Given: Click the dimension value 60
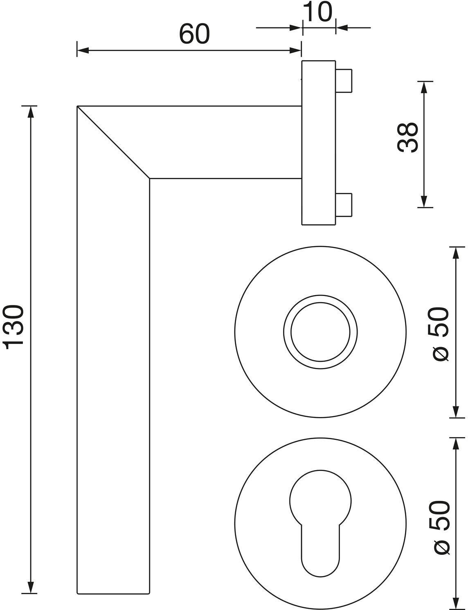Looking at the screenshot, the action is click(x=194, y=34).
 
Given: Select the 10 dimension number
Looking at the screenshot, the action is click(x=318, y=12).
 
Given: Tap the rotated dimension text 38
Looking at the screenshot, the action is click(x=408, y=137).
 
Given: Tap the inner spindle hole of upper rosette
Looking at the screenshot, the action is click(x=320, y=332).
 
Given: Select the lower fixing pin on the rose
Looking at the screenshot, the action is click(x=343, y=205).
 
